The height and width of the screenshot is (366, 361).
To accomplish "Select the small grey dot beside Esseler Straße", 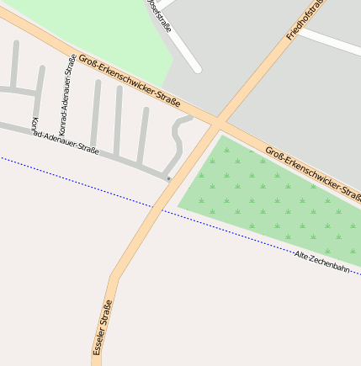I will click(x=169, y=178).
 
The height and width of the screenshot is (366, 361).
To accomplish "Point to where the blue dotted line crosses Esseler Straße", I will click(x=152, y=207).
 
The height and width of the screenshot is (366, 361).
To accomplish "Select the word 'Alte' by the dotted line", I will click(x=302, y=255).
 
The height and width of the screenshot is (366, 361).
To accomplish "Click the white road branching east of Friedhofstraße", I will click(x=332, y=41).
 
